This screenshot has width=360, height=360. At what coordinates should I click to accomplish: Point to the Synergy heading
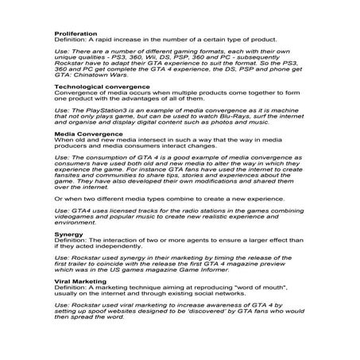[67, 235]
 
